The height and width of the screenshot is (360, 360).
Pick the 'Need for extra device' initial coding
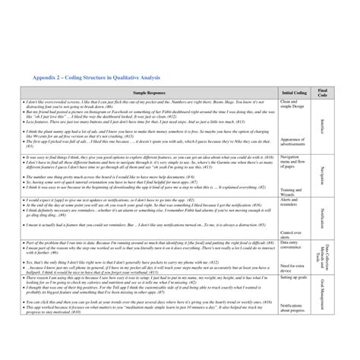[292, 267]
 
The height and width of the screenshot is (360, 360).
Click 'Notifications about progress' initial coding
[295, 308]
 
